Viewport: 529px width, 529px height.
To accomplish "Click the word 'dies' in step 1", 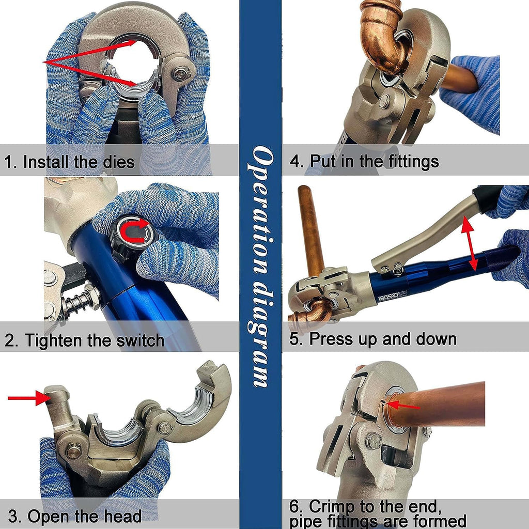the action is (x=119, y=161).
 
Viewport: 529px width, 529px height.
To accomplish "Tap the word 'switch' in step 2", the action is (x=140, y=340).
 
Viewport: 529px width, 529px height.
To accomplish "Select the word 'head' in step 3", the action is (x=123, y=516).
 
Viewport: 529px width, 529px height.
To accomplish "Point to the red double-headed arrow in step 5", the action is (x=469, y=244).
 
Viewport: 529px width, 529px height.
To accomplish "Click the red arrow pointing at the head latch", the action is (x=29, y=398).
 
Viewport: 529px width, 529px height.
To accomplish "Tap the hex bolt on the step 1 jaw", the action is (x=181, y=73).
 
